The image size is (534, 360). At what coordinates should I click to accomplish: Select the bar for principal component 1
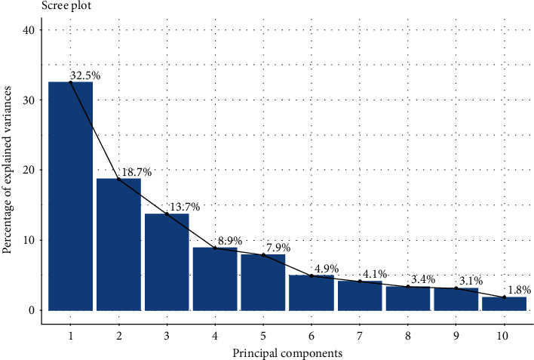pos(70,196)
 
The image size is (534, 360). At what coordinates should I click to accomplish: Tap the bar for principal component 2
pos(118,245)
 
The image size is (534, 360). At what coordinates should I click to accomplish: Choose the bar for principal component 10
pos(504,303)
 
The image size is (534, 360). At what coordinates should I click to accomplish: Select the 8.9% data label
pos(230,242)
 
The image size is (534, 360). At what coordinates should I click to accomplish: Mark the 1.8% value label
pos(519,291)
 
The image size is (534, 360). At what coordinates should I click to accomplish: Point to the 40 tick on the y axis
pos(29,29)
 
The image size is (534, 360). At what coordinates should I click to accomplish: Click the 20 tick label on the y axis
pos(29,170)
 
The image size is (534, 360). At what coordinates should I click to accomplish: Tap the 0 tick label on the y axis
pos(32,310)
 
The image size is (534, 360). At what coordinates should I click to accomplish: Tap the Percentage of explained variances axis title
pos(8,170)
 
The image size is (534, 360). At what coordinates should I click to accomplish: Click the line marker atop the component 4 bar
pos(215,248)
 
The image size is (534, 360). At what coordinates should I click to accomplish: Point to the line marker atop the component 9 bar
pos(456,288)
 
